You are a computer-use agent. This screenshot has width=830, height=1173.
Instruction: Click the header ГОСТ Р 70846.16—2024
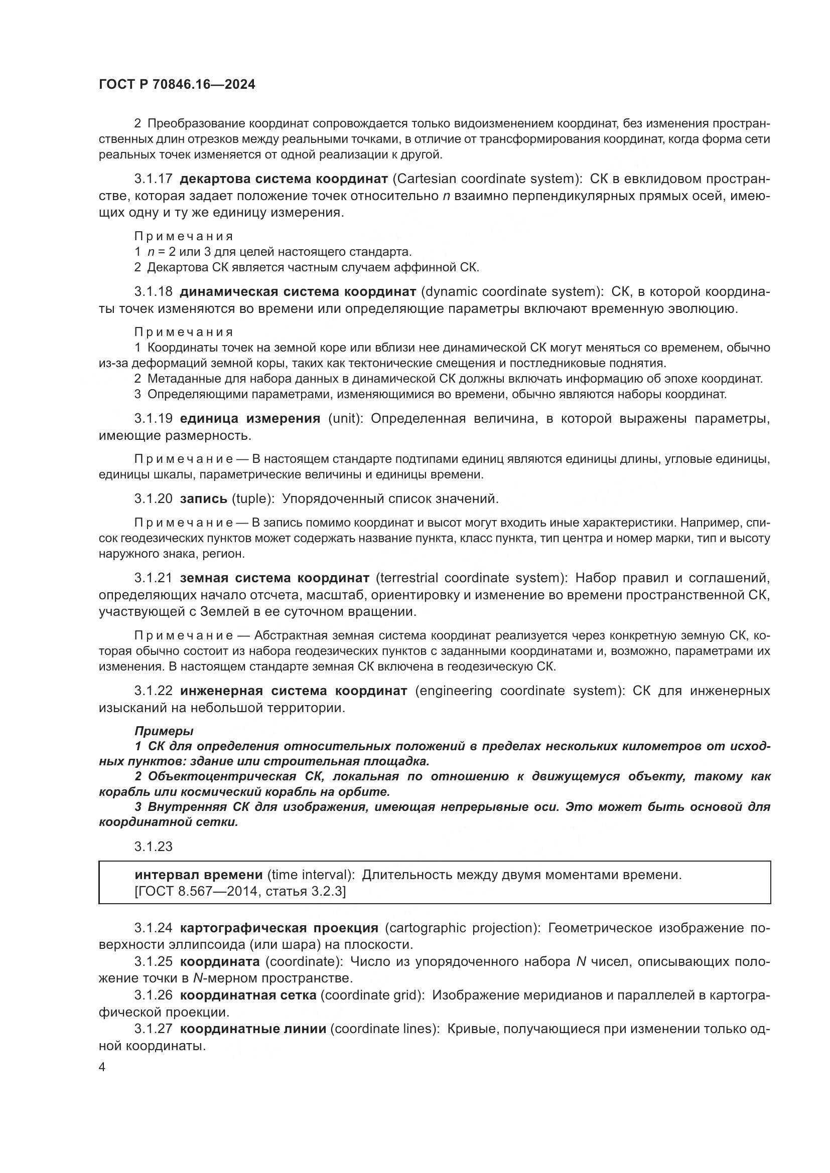(177, 85)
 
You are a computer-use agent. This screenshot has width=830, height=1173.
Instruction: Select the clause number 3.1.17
(154, 179)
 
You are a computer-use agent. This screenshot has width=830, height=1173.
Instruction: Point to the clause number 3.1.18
(154, 292)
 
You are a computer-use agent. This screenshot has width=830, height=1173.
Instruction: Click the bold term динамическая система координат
(298, 292)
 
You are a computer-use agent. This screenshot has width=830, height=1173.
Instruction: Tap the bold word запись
(203, 498)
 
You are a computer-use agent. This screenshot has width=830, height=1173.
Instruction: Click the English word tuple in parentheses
(250, 498)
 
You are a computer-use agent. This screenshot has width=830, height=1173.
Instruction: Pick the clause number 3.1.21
(154, 578)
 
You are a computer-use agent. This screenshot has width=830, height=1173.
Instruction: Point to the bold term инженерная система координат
(294, 691)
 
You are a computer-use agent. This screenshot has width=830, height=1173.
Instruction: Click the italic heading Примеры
(164, 731)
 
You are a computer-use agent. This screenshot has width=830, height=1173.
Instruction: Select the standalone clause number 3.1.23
(154, 847)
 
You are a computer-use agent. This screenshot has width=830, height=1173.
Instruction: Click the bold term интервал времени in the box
(198, 875)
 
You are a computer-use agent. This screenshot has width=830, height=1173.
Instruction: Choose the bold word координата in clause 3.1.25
(220, 961)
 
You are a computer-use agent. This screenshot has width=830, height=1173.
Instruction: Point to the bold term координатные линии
(253, 1029)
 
